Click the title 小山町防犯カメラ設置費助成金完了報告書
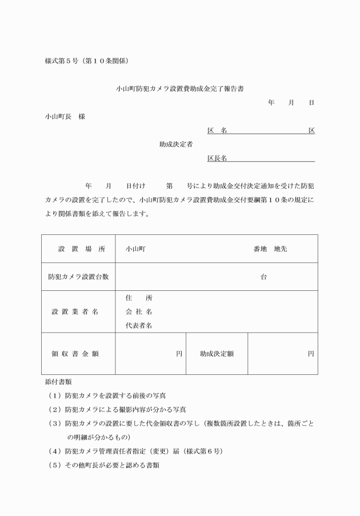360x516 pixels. point(180,89)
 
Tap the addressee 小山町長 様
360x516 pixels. point(65,117)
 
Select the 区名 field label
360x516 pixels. point(217,131)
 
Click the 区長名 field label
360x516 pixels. point(217,158)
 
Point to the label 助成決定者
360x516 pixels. point(176,145)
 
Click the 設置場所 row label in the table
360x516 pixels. point(79,249)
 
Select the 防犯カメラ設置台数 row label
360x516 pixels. point(79,277)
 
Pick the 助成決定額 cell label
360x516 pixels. point(217,354)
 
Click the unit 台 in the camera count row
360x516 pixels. point(263,277)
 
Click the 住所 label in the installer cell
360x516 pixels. point(139,298)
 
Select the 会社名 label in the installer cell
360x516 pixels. point(139,311)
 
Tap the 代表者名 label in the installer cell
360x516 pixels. point(139,326)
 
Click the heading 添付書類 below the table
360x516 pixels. point(58,381)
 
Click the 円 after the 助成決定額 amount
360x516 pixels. point(311,354)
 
